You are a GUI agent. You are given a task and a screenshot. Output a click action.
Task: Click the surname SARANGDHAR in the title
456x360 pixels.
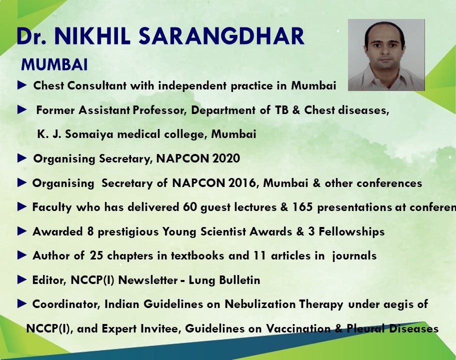pyautogui.click(x=221, y=36)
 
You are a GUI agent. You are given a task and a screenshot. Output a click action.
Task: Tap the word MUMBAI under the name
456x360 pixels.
pyautogui.click(x=54, y=64)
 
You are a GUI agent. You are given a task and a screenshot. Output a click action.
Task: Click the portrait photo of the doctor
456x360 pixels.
pyautogui.click(x=386, y=55)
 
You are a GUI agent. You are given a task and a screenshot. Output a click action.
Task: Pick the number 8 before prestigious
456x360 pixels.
pyautogui.click(x=90, y=231)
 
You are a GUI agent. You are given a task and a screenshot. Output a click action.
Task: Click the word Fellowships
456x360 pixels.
pyautogui.click(x=351, y=231)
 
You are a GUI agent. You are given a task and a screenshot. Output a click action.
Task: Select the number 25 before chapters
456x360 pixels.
pyautogui.click(x=96, y=255)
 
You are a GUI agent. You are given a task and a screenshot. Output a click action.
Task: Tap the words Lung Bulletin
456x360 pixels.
pyautogui.click(x=224, y=280)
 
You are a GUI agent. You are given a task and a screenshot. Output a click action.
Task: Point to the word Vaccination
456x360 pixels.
pyautogui.click(x=298, y=328)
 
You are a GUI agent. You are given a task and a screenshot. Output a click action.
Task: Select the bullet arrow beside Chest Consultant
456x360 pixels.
pyautogui.click(x=22, y=85)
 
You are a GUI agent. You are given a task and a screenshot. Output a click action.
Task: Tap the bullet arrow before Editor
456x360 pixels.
pyautogui.click(x=22, y=279)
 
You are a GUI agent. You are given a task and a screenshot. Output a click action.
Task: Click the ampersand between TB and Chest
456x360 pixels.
pyautogui.click(x=296, y=110)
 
